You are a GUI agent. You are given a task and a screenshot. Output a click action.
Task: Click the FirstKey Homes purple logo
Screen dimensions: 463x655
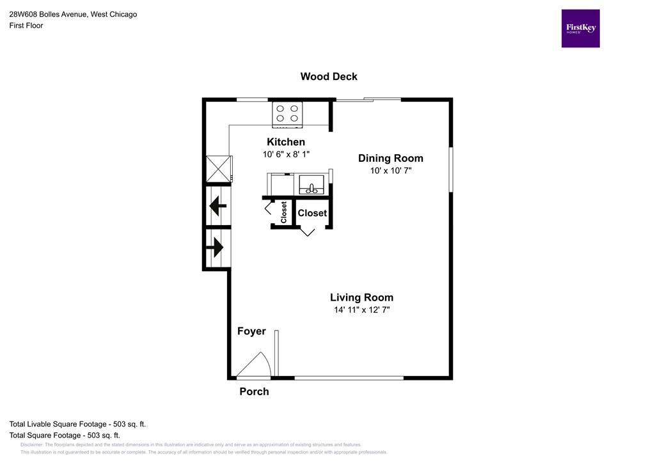pos(580,28)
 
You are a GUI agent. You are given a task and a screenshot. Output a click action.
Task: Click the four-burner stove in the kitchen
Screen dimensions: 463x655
pos(287,113)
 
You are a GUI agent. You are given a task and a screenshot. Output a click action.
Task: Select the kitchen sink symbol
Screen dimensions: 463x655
pos(313,185)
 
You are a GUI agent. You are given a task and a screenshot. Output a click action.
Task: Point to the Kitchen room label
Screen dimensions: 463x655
pos(286,142)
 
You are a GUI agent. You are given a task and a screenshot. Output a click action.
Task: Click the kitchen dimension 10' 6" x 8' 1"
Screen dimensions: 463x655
pos(286,155)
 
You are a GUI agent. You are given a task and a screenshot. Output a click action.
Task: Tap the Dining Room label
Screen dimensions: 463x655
pos(390,159)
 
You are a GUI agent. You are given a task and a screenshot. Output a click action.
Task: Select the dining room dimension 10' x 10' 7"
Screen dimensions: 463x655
pos(390,171)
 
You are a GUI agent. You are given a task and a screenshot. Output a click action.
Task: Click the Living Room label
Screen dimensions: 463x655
pos(361,297)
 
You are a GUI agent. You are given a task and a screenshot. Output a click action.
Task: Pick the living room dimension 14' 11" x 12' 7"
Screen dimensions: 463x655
pos(361,310)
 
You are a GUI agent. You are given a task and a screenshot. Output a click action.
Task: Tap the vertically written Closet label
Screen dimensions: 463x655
pos(283,212)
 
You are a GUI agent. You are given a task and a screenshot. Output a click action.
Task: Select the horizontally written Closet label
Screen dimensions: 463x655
pos(312,213)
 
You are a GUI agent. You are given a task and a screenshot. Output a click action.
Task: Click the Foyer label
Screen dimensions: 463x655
pos(251,331)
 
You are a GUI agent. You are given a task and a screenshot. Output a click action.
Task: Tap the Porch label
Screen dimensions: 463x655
pos(254,391)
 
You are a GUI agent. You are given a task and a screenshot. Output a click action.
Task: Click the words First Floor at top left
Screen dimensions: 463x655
pos(26,26)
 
